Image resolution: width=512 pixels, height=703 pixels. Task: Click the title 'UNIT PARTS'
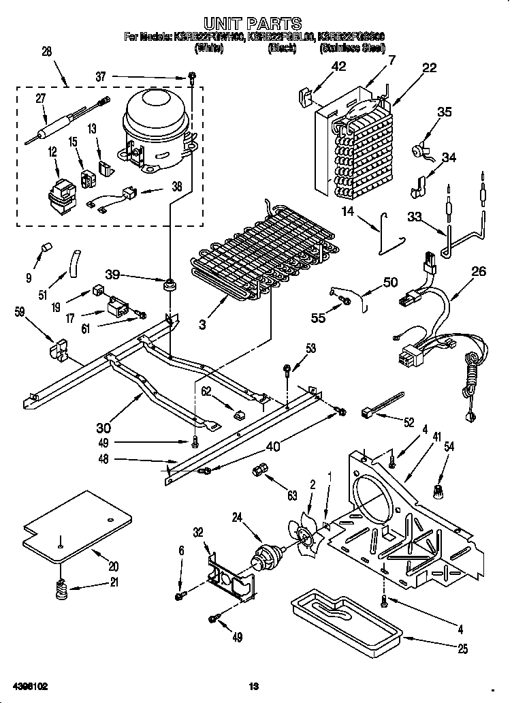(253, 25)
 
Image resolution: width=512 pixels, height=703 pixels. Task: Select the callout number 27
(40, 98)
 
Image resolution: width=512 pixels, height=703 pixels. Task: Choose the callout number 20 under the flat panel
(113, 566)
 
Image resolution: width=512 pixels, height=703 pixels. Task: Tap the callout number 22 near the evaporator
(429, 67)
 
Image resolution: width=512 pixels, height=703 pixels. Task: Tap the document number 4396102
(29, 687)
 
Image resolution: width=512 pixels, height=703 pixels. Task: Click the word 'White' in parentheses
(208, 48)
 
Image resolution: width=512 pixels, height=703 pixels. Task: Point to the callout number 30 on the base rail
(103, 428)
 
